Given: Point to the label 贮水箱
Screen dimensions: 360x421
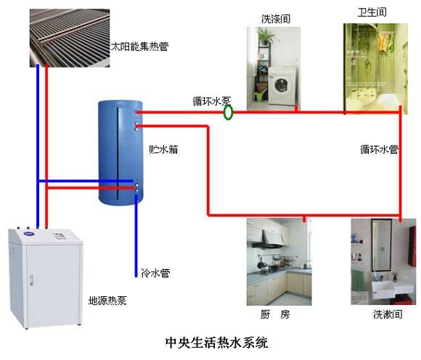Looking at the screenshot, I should click(x=163, y=150).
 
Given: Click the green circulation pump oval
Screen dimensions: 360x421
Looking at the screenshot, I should click(x=228, y=112).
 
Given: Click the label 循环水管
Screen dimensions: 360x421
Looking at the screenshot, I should click(x=379, y=150).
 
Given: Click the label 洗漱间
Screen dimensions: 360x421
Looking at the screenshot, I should click(x=386, y=315).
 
